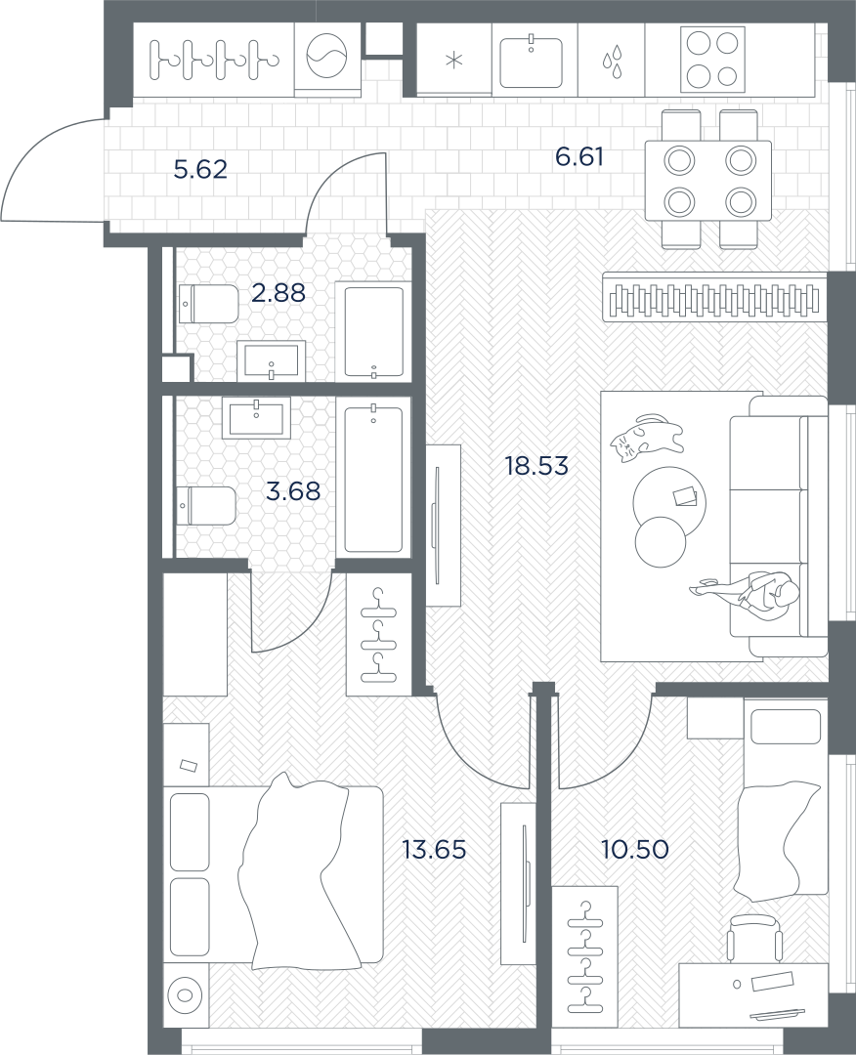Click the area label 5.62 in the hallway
(200, 170)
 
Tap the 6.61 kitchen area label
(579, 157)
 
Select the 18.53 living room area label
(537, 466)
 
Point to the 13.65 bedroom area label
(434, 850)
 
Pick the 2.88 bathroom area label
(278, 293)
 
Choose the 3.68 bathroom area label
(293, 491)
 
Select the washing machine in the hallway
(327, 58)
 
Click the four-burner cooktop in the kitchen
(712, 60)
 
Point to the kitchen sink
(531, 62)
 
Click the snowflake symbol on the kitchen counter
(455, 61)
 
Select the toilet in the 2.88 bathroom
(208, 304)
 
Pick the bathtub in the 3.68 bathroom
(373, 478)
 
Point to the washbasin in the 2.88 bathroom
(272, 360)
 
